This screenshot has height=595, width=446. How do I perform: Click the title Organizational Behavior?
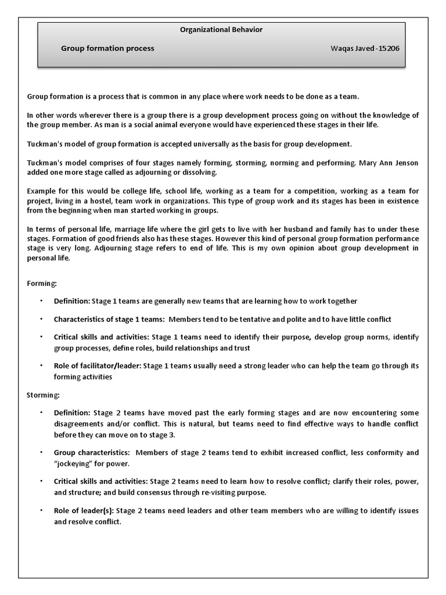221,30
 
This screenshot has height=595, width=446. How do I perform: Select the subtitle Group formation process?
107,48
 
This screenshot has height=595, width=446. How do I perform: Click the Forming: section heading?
42,283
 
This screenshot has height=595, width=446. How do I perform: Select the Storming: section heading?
43,395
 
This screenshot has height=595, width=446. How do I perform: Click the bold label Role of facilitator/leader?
98,366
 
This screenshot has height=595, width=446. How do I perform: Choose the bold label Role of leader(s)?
84,511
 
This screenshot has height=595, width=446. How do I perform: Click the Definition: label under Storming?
72,413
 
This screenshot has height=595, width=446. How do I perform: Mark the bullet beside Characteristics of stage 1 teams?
41,319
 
